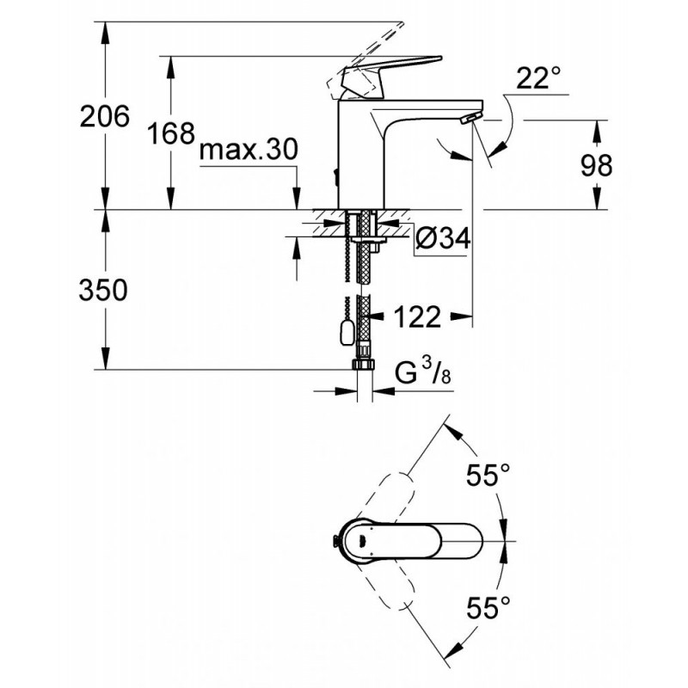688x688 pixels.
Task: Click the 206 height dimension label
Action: (105, 117)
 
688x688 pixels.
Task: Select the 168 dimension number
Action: (170, 133)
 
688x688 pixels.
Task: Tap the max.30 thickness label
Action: (249, 149)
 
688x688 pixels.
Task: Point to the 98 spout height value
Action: (596, 166)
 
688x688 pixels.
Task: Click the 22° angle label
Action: (538, 78)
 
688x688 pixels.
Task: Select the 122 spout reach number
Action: (417, 316)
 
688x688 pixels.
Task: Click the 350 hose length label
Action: (103, 290)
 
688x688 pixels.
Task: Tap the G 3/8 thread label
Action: (422, 372)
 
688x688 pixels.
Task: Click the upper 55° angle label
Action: (488, 476)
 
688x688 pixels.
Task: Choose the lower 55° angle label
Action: (488, 607)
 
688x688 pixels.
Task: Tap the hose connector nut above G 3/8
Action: (364, 364)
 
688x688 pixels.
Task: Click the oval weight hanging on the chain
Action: (347, 332)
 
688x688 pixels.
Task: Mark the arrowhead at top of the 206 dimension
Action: (105, 32)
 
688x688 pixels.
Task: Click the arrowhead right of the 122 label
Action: (462, 316)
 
